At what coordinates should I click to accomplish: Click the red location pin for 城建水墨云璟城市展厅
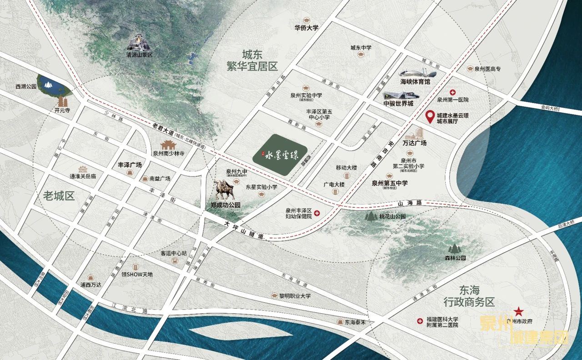pyautogui.click(x=429, y=117)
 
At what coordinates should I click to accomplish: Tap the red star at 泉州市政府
pyautogui.click(x=518, y=311)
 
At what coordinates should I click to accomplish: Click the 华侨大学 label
pyautogui.click(x=306, y=27)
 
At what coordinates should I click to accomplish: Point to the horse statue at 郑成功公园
pyautogui.click(x=224, y=190)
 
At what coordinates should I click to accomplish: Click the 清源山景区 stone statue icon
pyautogui.click(x=139, y=42)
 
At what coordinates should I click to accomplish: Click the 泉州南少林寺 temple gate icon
pyautogui.click(x=168, y=145)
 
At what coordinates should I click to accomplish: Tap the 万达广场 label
pyautogui.click(x=414, y=143)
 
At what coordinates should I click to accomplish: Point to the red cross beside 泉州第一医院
pyautogui.click(x=452, y=92)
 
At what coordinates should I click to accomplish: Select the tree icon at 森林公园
pyautogui.click(x=453, y=248)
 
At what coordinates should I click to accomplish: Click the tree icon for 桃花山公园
pyautogui.click(x=371, y=216)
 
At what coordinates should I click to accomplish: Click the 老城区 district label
pyautogui.click(x=59, y=196)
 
